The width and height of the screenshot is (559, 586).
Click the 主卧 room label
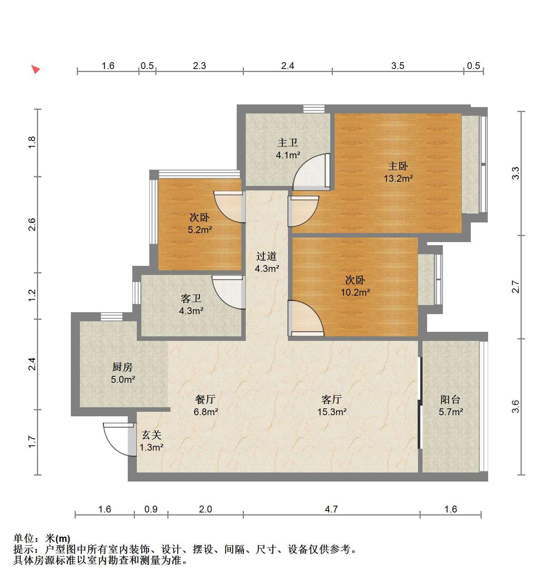pos(398,166)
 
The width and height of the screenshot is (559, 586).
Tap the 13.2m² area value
pos(398,178)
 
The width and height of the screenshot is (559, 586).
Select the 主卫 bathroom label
pos(288,143)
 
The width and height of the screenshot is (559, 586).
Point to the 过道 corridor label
pos(266,256)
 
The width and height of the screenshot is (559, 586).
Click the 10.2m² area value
pos(355,292)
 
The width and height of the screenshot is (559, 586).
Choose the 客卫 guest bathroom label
pos(191,299)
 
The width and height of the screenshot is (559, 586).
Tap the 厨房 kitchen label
pos(123,367)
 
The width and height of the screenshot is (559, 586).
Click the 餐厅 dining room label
pos(205,399)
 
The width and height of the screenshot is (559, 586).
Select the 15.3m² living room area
pos(332,412)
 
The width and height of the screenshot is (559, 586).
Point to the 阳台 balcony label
pos(450,399)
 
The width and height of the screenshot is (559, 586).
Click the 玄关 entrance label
pos(152,435)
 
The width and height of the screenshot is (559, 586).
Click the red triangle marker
pos(35,69)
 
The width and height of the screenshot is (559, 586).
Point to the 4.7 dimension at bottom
pos(331,509)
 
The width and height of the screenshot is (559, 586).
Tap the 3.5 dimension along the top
pos(398,66)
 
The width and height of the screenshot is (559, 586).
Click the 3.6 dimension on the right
pos(516,407)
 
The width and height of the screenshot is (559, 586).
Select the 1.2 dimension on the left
pos(32,295)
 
